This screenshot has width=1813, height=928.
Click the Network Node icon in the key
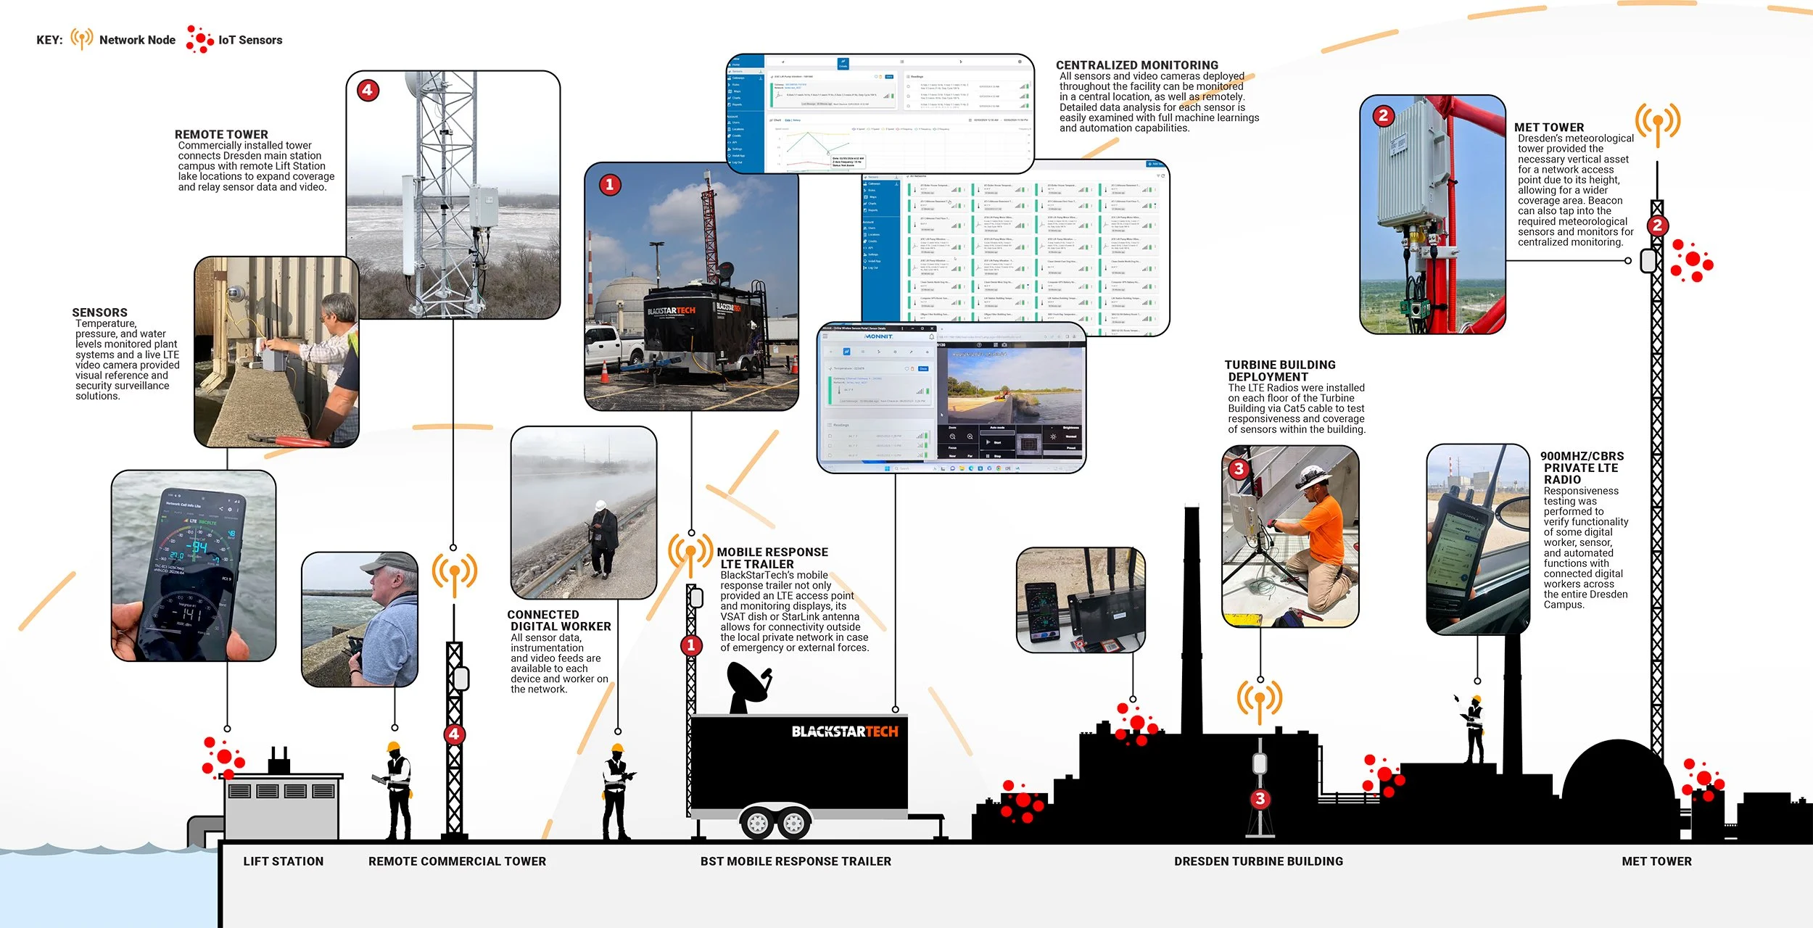pos(81,38)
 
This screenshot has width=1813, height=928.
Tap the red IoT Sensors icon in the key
pos(199,39)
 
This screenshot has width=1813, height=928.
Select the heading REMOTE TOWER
pos(221,135)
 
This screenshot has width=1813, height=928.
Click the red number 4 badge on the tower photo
pos(368,91)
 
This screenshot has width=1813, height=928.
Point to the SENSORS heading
pos(99,312)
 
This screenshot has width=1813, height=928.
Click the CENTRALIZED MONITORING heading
pos(1136,65)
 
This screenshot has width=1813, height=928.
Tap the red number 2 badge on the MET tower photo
pos(1383,116)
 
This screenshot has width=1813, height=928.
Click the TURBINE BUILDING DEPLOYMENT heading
pos(1280,370)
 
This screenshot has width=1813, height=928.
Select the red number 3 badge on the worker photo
pos(1239,469)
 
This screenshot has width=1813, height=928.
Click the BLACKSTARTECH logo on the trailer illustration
pos(844,732)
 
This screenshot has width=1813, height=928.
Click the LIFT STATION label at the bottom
pos(284,861)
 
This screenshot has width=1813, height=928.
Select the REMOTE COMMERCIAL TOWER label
pos(457,861)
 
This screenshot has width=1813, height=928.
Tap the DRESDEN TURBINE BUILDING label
pos(1258,861)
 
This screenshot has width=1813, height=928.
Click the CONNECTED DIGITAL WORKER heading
pos(559,621)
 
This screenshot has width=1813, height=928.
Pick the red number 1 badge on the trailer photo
pos(610,185)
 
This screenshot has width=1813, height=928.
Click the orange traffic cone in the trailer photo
pos(604,371)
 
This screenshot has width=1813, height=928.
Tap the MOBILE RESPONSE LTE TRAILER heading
pos(772,558)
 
